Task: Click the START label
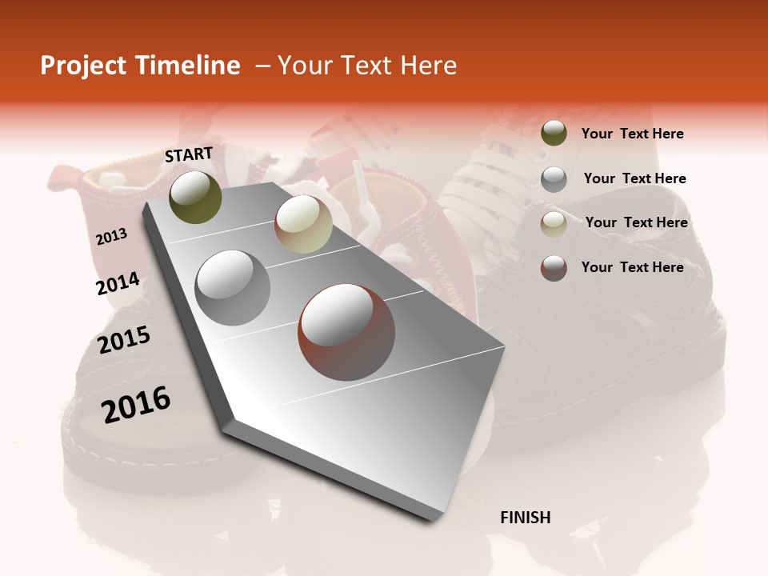coord(189,154)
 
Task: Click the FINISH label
coord(526,518)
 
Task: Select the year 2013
coord(112,237)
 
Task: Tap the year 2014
coord(118,284)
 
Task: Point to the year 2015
coord(124,340)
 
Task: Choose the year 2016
coord(136,405)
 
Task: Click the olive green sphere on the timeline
coord(195,198)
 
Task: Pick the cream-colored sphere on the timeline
coord(303,224)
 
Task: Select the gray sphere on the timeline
coord(232,287)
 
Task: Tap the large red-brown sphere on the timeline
coord(346,332)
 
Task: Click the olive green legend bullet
coord(554,133)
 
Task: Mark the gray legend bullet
coord(554,179)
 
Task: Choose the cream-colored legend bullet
coord(554,224)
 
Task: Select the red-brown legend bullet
coord(554,268)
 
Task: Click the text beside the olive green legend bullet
coord(632,134)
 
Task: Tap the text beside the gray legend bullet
coord(634,178)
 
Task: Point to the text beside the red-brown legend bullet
coord(632,267)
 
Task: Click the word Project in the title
coord(84,66)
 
